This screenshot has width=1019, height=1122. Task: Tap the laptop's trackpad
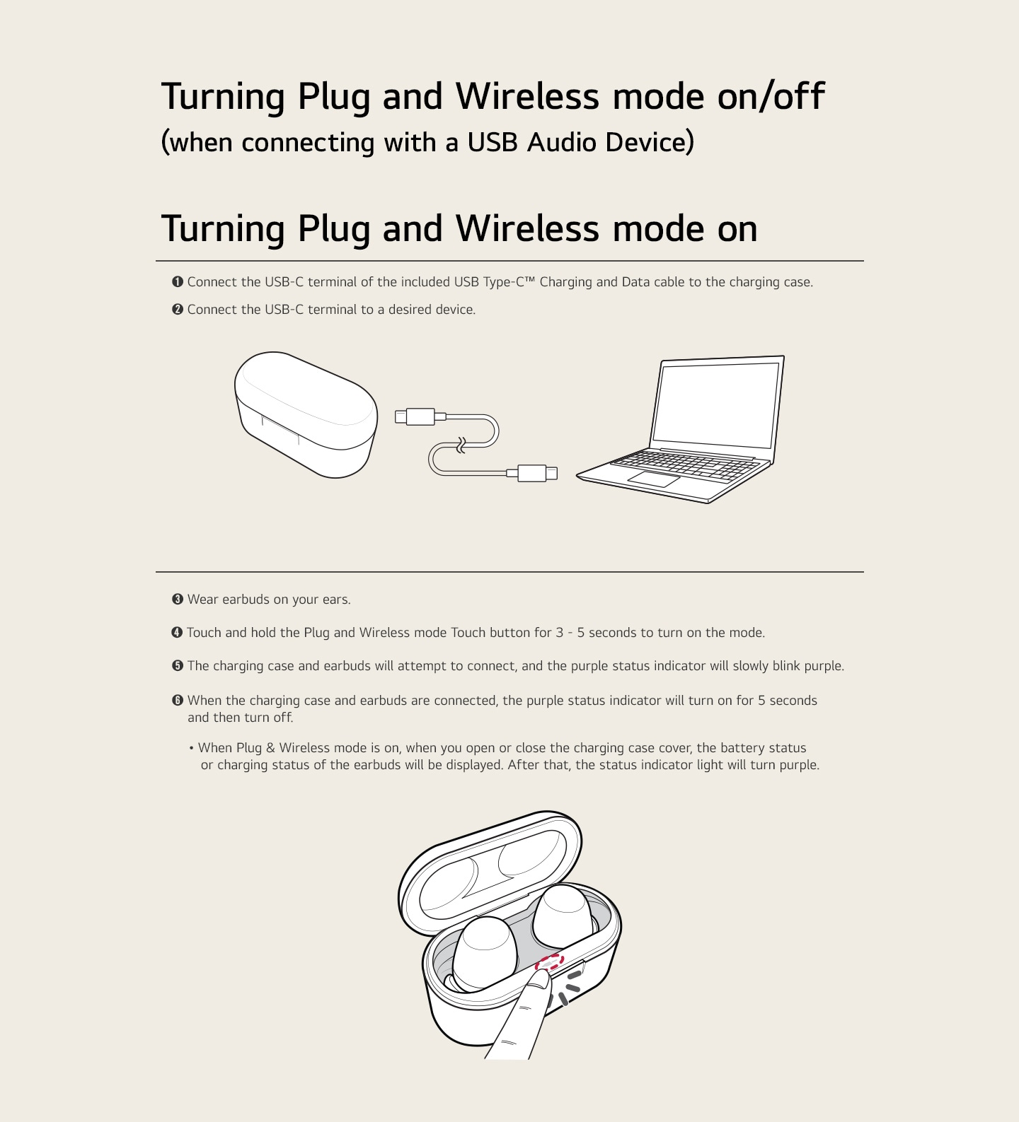[654, 479]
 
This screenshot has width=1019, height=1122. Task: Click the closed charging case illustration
[305, 414]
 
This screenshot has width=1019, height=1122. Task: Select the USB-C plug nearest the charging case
[415, 416]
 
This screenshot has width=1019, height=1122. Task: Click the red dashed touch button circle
[550, 962]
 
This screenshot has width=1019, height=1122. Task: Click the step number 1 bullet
[178, 282]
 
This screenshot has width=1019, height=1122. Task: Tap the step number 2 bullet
[178, 310]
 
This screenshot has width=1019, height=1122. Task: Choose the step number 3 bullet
[178, 600]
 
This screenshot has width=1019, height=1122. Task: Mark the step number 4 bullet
[178, 633]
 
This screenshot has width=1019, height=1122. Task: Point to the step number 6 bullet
[178, 701]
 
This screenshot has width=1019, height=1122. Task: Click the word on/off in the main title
[771, 96]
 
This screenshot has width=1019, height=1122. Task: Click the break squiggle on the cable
[461, 445]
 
